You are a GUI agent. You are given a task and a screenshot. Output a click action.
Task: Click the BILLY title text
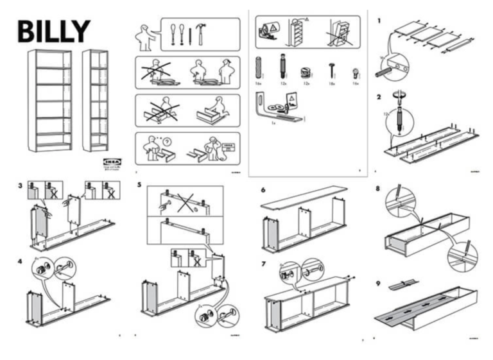click(54, 31)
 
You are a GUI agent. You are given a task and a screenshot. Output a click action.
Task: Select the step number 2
click(379, 97)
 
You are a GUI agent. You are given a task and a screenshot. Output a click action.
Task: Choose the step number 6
click(263, 191)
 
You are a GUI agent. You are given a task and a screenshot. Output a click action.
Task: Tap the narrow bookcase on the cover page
click(95, 100)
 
